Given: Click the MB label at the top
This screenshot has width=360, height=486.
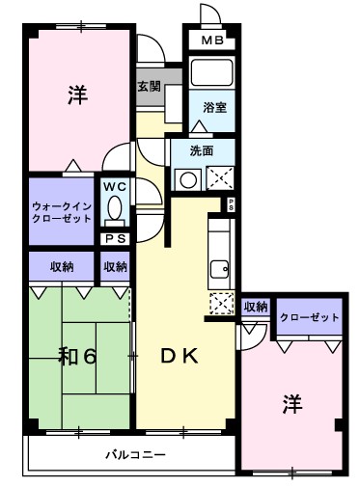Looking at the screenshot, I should pyautogui.click(x=212, y=40).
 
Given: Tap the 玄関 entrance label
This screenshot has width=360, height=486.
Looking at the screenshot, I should pyautogui.click(x=150, y=85).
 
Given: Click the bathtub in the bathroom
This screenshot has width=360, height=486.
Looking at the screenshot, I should pyautogui.click(x=211, y=73).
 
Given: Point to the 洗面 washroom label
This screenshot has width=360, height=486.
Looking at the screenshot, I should pyautogui.click(x=202, y=150).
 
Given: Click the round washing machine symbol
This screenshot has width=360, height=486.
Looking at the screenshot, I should pyautogui.click(x=186, y=177).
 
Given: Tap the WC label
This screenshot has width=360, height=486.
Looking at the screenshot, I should pyautogui.click(x=115, y=187).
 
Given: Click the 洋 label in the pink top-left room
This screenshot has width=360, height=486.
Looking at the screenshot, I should pyautogui.click(x=77, y=94).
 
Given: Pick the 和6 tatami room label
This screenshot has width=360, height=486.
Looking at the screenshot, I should pyautogui.click(x=76, y=357).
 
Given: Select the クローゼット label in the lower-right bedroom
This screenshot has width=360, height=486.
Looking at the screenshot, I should pyautogui.click(x=310, y=317).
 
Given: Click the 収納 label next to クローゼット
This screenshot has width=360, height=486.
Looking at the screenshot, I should pyautogui.click(x=255, y=308).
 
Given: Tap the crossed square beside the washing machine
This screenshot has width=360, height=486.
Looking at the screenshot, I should pyautogui.click(x=219, y=177).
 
